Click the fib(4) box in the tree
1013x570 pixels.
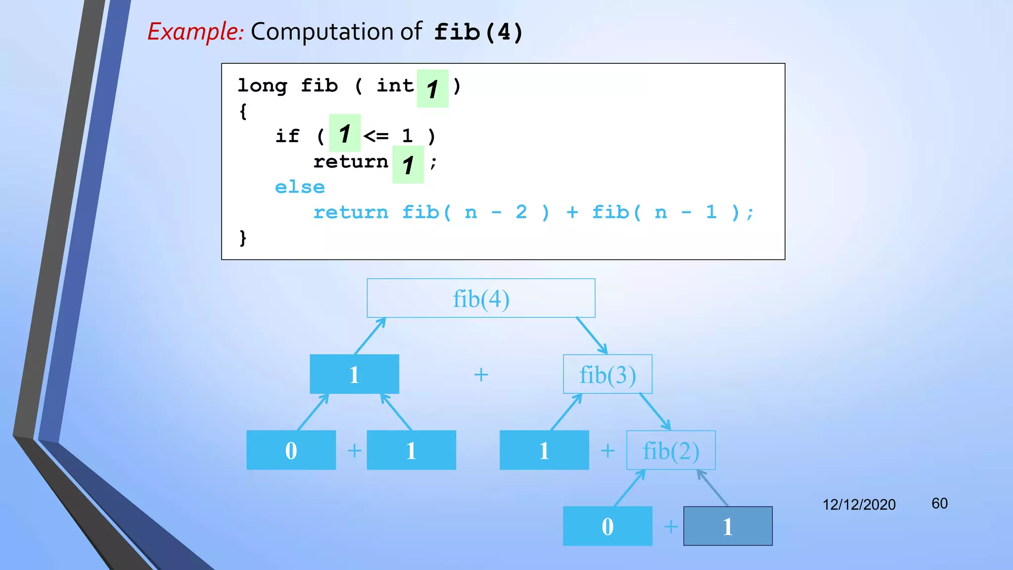click(481, 298)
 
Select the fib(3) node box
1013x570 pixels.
click(607, 375)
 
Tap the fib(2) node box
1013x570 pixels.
click(671, 450)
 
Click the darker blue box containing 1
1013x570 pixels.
click(728, 526)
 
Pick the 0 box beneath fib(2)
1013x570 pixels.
click(607, 526)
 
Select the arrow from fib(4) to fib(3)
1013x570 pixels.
click(592, 336)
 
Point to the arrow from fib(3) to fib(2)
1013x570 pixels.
click(655, 412)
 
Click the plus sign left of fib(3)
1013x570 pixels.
click(481, 375)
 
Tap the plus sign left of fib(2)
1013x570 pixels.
click(607, 451)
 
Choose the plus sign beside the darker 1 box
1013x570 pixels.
click(671, 526)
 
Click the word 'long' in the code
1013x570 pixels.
click(262, 86)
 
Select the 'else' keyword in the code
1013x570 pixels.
click(300, 188)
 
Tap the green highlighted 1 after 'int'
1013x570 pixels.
click(432, 89)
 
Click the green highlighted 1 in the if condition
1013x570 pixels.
click(345, 134)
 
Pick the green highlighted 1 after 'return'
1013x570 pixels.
click(408, 165)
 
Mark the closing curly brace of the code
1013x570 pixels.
click(243, 238)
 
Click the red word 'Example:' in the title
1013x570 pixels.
click(196, 32)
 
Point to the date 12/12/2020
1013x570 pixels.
click(859, 505)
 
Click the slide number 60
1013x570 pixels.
click(939, 504)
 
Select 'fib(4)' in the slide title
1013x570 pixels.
click(478, 33)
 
